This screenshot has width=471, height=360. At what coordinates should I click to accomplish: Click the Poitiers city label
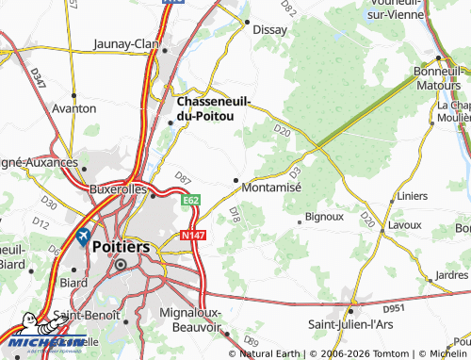(x=122, y=245)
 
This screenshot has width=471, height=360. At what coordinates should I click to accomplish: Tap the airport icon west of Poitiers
(x=82, y=236)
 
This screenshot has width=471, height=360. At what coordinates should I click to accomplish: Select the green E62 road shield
(x=191, y=200)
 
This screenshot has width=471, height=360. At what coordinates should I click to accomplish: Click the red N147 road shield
(x=191, y=233)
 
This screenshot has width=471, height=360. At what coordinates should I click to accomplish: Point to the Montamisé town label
(x=271, y=188)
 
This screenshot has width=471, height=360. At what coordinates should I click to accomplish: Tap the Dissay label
(x=271, y=29)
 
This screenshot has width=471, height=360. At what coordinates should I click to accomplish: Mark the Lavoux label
(x=405, y=226)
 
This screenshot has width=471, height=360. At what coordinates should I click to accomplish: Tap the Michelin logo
(x=43, y=344)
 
